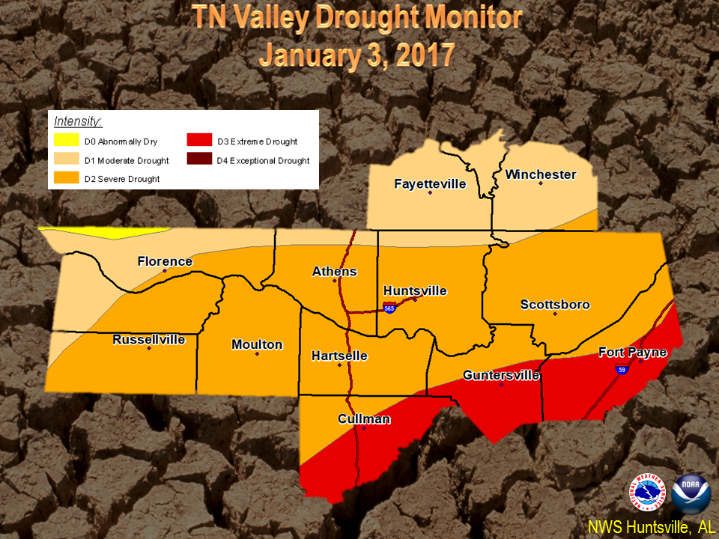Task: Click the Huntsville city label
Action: [415, 290]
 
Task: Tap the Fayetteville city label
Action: [430, 183]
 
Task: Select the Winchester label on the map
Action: [541, 174]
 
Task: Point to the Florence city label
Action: [165, 261]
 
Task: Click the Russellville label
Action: [149, 339]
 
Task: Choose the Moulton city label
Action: [257, 344]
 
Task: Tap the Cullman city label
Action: [364, 418]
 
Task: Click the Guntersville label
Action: [501, 375]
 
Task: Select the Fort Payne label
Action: [633, 352]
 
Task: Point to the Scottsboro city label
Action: [555, 305]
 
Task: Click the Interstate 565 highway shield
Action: [389, 308]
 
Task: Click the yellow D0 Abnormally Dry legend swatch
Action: [65, 141]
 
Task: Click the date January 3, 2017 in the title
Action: [357, 55]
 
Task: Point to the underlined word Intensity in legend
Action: [78, 121]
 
